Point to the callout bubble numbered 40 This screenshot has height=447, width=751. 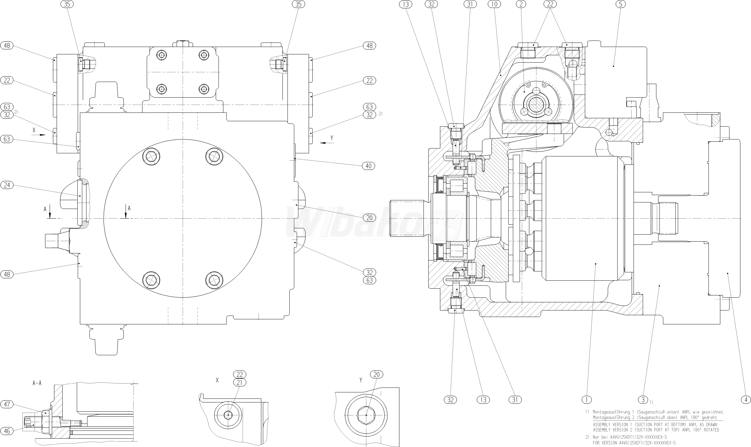(369, 166)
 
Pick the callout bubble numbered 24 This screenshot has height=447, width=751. (7, 185)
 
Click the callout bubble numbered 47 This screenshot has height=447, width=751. (7, 405)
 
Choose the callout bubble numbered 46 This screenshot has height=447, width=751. (7, 431)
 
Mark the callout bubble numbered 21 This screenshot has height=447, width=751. (240, 382)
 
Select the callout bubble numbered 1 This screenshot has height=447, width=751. (587, 400)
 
